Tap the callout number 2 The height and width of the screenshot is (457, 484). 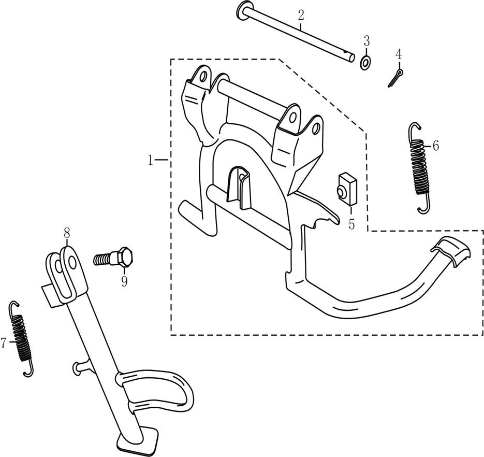[x=300, y=15]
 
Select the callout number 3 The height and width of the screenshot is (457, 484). [x=366, y=40]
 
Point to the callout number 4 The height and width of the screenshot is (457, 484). [x=398, y=53]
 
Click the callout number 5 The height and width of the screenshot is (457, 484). [x=351, y=225]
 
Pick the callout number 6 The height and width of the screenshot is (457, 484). [x=435, y=146]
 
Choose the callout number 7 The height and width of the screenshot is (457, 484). [x=4, y=342]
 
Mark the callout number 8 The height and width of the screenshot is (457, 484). [x=67, y=234]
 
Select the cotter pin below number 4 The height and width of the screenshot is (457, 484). [x=396, y=78]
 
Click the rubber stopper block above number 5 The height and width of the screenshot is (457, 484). [x=346, y=188]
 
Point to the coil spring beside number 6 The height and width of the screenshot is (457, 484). [x=420, y=167]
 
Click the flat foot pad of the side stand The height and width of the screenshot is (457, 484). [x=140, y=438]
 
